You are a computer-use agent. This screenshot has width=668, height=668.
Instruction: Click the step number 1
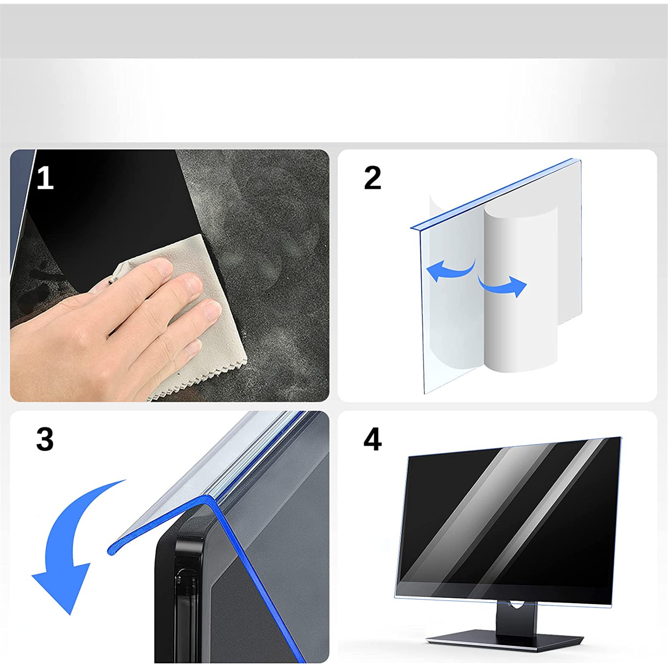coord(46,178)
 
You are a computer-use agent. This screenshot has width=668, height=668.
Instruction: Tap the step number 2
coord(372,178)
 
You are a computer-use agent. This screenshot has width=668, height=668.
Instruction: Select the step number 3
coord(45,439)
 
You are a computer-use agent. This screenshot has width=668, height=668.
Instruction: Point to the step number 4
coord(372,439)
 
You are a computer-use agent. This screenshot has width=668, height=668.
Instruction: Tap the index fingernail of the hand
coord(193,283)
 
